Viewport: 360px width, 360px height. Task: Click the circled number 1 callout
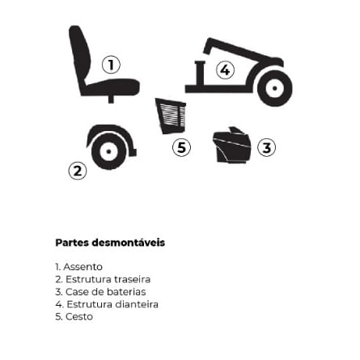pos(111,65)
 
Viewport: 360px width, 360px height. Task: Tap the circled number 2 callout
pos(78,171)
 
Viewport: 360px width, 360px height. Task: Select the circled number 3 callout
pos(266,147)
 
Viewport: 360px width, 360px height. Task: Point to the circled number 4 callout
pos(225,70)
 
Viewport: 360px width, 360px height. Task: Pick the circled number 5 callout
pos(181,147)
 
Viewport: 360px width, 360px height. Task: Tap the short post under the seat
pos(111,99)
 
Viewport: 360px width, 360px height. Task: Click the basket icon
pos(172,116)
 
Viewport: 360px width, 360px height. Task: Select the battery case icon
pos(232,146)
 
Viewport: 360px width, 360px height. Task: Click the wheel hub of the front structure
pos(274,88)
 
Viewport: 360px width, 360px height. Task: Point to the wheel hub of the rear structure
pos(108,151)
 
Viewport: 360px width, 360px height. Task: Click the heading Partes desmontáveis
pos(110,243)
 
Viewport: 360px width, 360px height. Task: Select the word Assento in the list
pos(83,267)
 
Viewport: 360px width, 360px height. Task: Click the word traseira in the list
pos(133,279)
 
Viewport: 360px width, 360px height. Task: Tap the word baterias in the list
pos(126,292)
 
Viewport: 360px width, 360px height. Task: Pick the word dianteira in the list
pos(137,304)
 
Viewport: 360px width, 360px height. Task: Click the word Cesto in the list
pos(79,316)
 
